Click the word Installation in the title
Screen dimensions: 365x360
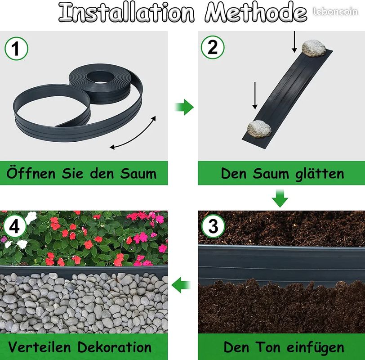coord(126,12)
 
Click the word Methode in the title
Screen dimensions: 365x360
coord(256,12)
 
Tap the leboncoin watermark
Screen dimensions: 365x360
coord(335,11)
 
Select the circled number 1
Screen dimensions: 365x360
coord(16,49)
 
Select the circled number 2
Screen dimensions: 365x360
coord(213,47)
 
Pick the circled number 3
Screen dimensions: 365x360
coord(213,226)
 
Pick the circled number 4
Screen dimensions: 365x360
coord(14,226)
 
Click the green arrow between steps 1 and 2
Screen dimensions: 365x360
coord(184,107)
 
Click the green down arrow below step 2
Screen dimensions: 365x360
coord(280,198)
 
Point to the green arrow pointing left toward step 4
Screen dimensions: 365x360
coord(181,285)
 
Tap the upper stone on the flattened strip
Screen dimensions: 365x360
coord(314,48)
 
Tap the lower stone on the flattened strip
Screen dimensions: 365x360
coord(259,129)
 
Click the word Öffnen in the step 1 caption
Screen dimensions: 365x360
coord(31,173)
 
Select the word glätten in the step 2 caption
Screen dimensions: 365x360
coord(319,174)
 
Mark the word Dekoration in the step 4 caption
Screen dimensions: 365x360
coord(114,347)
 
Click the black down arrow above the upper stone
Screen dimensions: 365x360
coord(294,42)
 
